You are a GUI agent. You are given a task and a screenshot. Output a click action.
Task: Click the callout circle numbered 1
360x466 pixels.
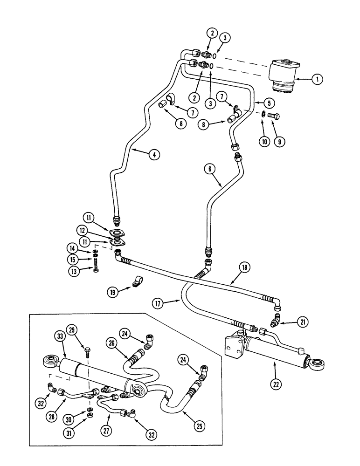click(317, 80)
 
